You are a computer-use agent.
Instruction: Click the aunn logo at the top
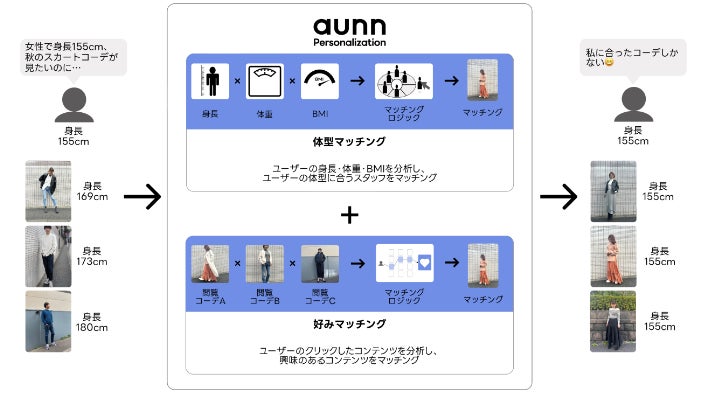(350, 26)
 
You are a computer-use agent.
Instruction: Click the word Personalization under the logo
(350, 43)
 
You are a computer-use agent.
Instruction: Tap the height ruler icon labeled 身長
(210, 81)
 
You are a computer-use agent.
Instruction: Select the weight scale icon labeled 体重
(265, 81)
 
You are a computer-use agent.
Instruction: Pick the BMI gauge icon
(320, 81)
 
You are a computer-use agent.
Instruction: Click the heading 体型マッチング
(350, 143)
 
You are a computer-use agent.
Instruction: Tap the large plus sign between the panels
(350, 214)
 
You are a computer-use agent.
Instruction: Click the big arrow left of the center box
(142, 197)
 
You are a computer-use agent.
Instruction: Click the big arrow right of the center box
(559, 197)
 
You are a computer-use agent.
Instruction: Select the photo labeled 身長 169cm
(48, 191)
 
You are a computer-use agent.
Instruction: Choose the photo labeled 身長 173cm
(48, 256)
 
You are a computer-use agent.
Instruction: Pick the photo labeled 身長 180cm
(48, 321)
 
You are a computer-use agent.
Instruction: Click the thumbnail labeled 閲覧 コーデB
(265, 264)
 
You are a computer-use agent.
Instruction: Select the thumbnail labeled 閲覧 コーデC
(320, 264)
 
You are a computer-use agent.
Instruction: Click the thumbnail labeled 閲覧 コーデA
(210, 264)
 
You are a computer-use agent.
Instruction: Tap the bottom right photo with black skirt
(613, 321)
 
